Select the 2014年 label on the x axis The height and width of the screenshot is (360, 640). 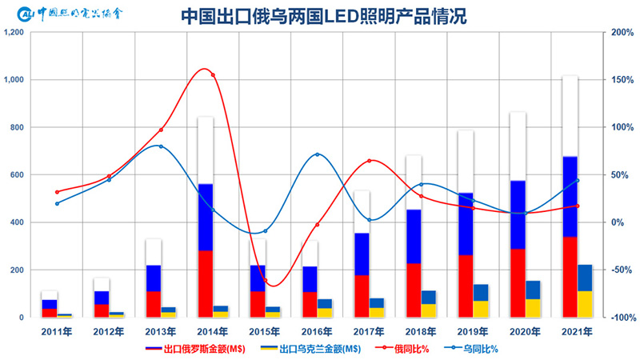pos(212,330)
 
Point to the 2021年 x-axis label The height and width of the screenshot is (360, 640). pos(577,330)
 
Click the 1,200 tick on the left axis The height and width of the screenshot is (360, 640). pos(15,33)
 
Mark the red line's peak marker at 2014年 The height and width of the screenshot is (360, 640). pos(212,75)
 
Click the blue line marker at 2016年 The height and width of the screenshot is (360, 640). pos(318,154)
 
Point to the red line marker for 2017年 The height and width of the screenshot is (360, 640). pos(370,161)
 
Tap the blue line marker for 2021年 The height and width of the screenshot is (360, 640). pos(577,180)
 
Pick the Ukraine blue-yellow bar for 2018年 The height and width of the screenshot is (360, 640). pos(428,303)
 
